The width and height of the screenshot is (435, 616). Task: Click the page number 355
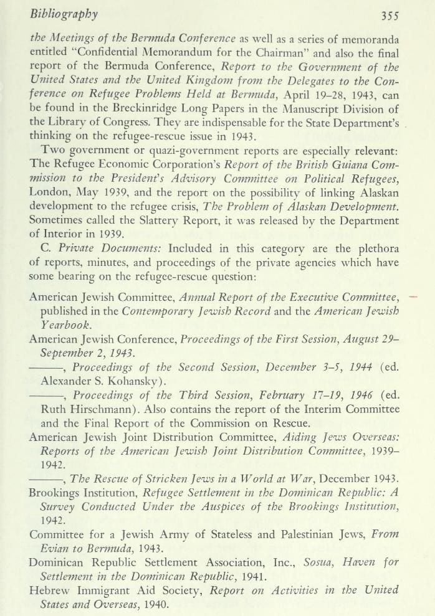(398, 14)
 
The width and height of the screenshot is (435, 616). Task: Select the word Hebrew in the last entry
(52, 590)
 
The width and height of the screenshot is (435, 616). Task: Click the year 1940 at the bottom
(155, 604)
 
